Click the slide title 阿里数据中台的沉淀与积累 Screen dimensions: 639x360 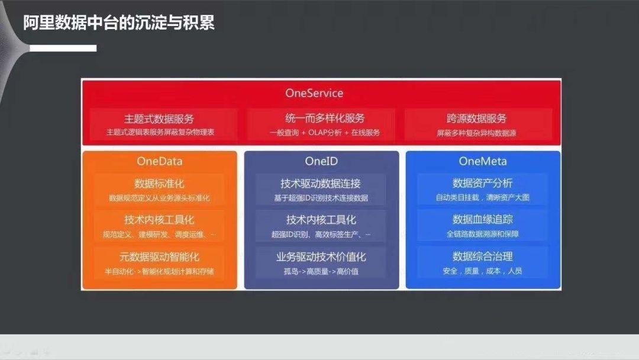click(118, 23)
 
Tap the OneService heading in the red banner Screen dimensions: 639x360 click(314, 93)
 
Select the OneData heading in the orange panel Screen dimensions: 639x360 click(159, 161)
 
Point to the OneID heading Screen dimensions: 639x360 click(321, 161)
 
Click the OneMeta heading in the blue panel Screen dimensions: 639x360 click(483, 161)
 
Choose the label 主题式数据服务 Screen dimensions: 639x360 click(159, 119)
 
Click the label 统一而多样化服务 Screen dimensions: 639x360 click(325, 118)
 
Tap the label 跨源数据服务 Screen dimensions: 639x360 click(476, 118)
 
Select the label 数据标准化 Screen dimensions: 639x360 click(159, 184)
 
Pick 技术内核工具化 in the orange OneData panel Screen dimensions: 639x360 click(159, 220)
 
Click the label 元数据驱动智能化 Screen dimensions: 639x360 click(159, 257)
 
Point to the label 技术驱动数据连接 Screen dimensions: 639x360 click(321, 184)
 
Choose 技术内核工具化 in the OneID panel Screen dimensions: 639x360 click(321, 220)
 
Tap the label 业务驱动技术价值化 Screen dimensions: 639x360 click(321, 257)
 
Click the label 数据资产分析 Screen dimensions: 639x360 click(483, 183)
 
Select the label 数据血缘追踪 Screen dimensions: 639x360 click(483, 219)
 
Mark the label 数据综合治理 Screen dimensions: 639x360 click(483, 256)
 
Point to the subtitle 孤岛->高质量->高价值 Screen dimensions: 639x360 click(321, 272)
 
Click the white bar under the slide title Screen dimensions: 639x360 click(63, 48)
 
